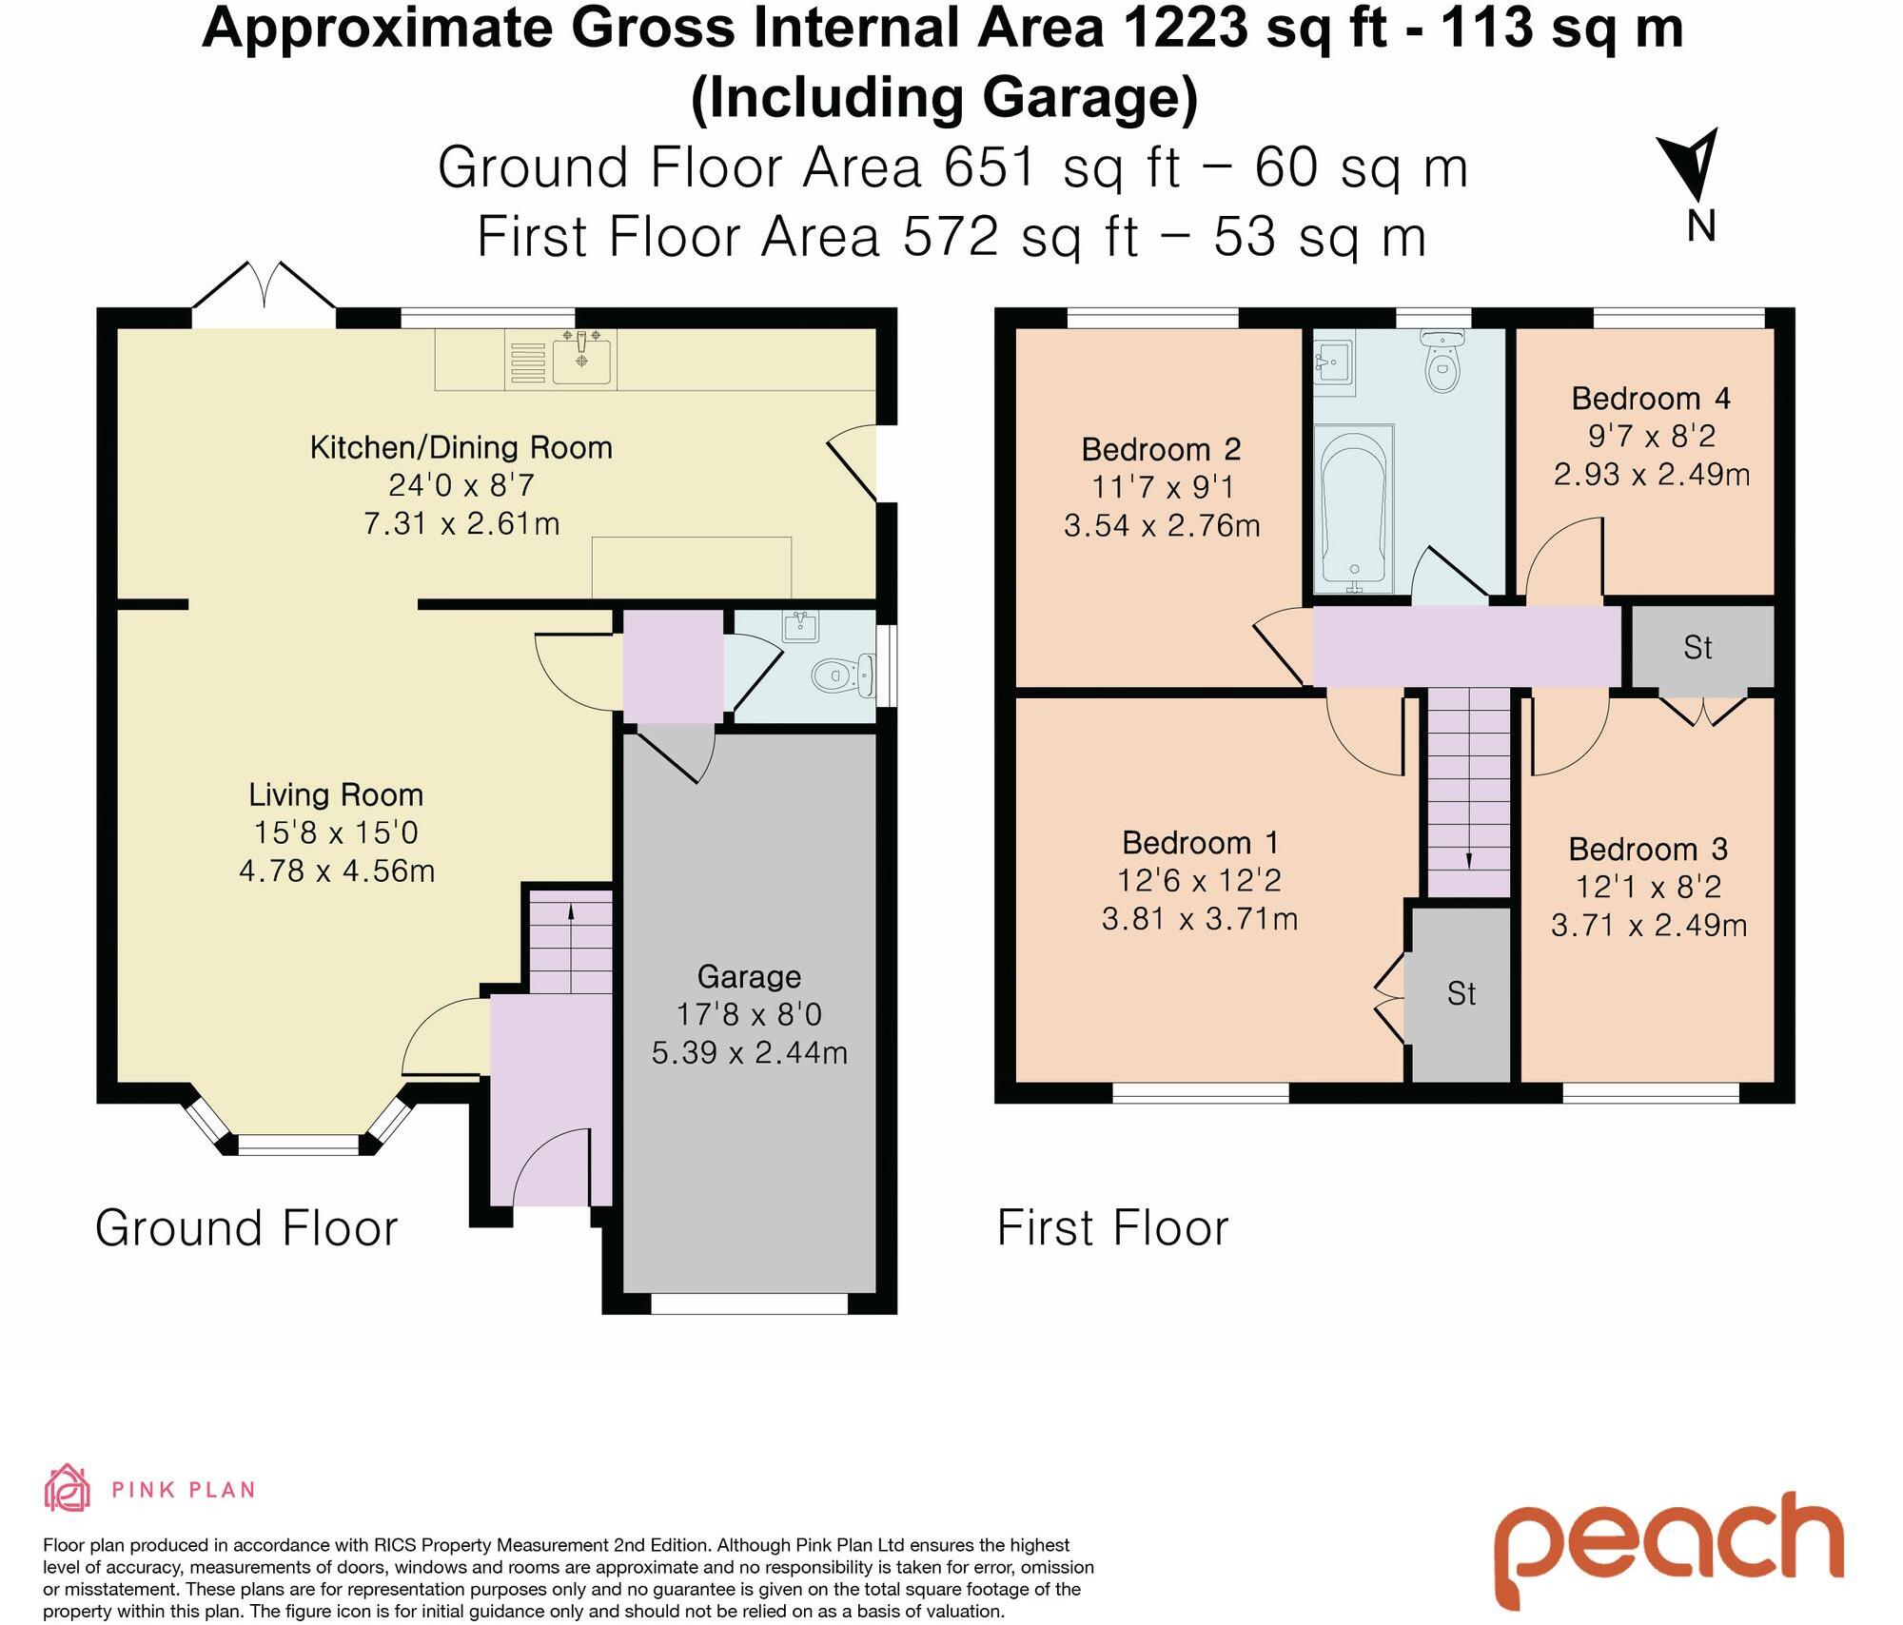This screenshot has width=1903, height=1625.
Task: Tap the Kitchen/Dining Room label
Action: tap(461, 447)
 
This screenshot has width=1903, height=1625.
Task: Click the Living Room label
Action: tap(336, 794)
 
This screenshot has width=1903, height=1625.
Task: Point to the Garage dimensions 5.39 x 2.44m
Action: tap(750, 1052)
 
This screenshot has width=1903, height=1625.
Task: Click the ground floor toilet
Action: tap(843, 675)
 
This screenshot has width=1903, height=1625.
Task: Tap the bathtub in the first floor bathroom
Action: tap(1353, 507)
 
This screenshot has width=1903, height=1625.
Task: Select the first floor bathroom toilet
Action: tap(1442, 362)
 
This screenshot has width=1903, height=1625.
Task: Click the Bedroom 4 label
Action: tap(1651, 398)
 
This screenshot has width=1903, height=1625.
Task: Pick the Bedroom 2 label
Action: tap(1162, 449)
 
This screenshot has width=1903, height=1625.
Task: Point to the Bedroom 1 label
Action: tap(1201, 842)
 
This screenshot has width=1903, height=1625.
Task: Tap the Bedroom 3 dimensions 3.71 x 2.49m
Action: tap(1649, 925)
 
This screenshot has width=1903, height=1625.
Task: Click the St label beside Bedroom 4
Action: tap(1697, 648)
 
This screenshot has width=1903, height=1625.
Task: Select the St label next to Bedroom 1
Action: tap(1462, 994)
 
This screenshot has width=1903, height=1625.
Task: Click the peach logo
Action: tap(1668, 1545)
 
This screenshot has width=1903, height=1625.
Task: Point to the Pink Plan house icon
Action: tap(68, 1488)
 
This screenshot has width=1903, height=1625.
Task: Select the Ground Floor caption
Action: tap(246, 1227)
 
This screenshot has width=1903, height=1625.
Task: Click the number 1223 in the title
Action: tap(1186, 28)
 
